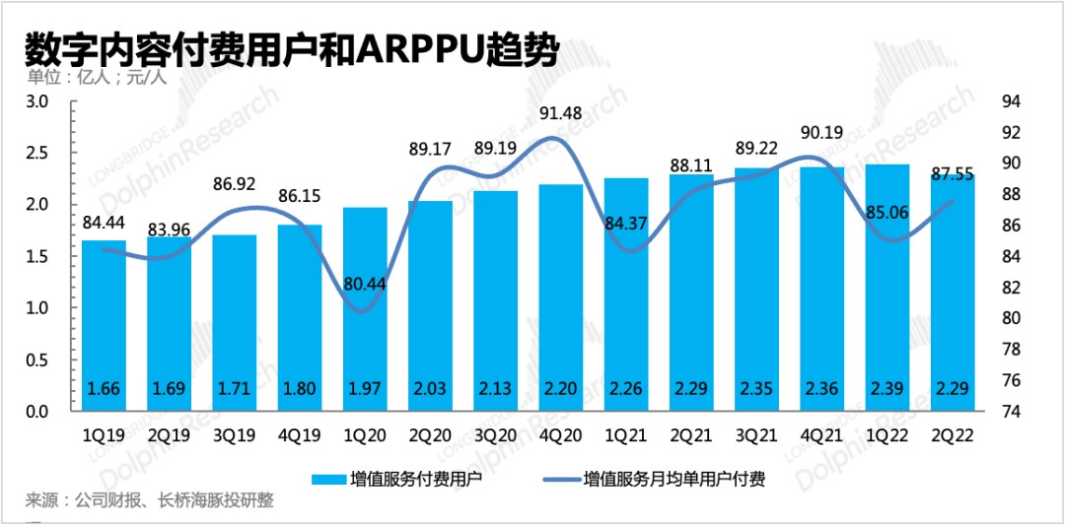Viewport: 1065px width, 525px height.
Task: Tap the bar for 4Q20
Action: click(561, 295)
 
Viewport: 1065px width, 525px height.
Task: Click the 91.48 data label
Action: click(561, 114)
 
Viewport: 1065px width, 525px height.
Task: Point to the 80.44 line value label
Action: click(365, 286)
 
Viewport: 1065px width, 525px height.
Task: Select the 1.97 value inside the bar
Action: click(365, 388)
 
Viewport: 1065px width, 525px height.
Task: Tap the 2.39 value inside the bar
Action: click(887, 388)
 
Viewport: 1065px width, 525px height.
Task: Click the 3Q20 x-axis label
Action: click(496, 434)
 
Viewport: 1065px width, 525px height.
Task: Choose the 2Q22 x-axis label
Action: click(952, 434)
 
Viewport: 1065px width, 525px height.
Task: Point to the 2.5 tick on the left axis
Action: click(36, 154)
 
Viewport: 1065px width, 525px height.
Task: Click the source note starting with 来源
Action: click(149, 501)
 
